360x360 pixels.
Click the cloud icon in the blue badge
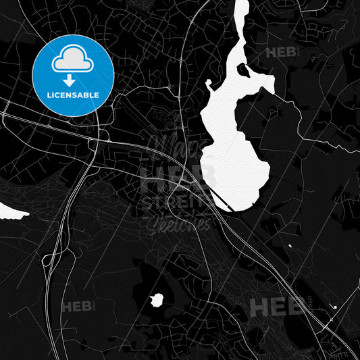click(x=72, y=60)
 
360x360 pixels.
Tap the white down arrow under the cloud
click(x=72, y=79)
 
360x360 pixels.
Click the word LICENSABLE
click(x=72, y=95)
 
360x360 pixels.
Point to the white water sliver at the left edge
click(x=13, y=213)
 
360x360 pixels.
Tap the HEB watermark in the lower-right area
click(x=277, y=307)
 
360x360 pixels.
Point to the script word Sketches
click(x=178, y=222)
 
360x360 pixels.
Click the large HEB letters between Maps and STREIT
click(x=178, y=177)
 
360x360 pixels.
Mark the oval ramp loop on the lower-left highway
click(x=49, y=258)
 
